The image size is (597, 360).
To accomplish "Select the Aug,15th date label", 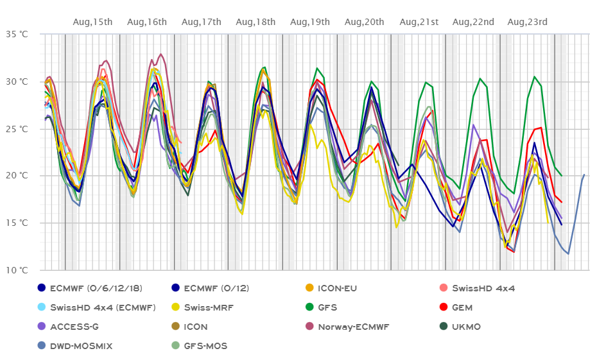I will point(93,22).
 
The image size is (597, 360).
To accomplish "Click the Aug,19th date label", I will point(310,22).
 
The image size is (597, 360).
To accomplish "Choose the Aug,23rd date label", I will point(528,22).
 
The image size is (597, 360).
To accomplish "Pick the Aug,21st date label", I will point(419,22).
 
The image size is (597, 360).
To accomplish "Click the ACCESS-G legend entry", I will point(70,327).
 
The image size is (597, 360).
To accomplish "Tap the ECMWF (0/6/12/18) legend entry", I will point(87,288).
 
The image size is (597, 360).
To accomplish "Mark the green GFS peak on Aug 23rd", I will point(534,76).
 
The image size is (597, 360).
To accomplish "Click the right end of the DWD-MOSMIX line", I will point(584,174).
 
